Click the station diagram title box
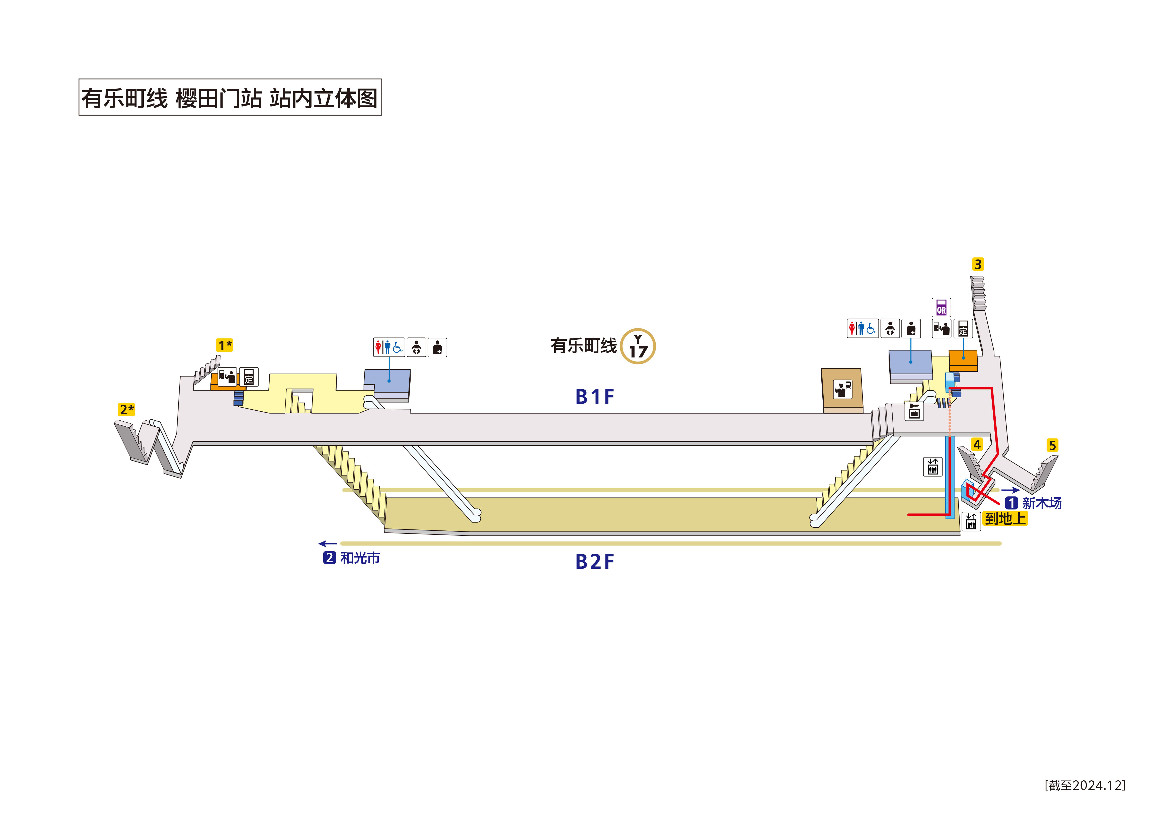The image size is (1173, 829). click(x=230, y=97)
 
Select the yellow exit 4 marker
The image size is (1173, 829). click(x=976, y=444)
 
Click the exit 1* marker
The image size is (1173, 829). click(x=224, y=345)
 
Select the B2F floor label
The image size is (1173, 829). click(x=595, y=562)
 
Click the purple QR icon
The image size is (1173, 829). click(x=941, y=308)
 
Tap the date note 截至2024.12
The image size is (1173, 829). click(x=1085, y=785)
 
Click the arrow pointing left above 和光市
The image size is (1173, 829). click(x=328, y=544)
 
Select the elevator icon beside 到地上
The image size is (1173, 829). click(x=971, y=521)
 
